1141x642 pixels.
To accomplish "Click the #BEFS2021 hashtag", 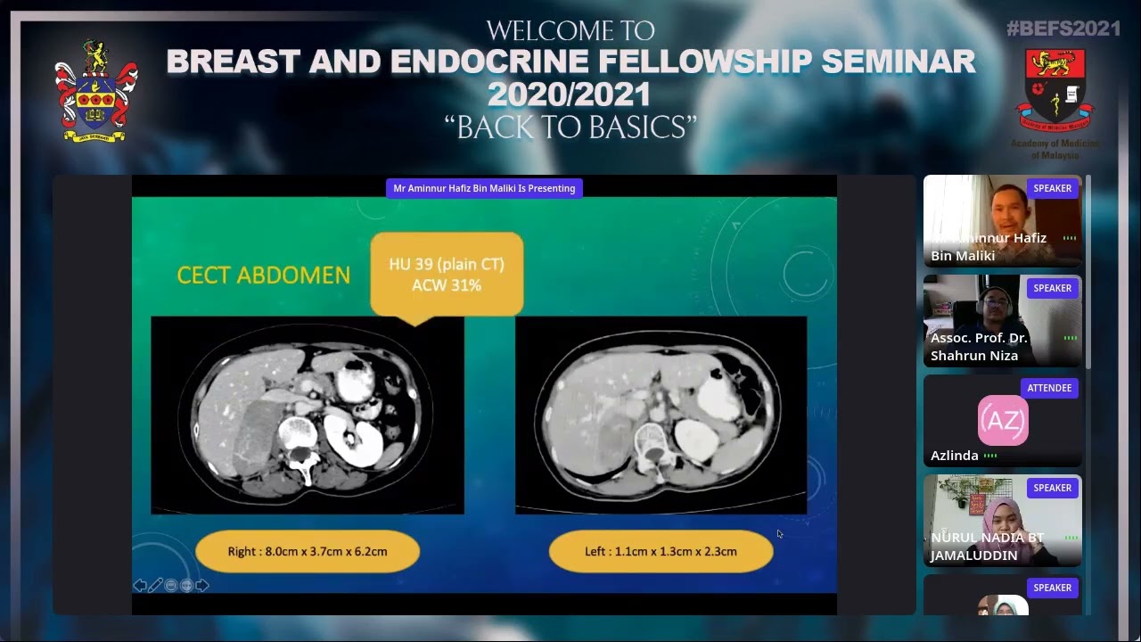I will pos(1063,29).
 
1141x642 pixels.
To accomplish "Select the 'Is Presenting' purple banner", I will pos(484,188).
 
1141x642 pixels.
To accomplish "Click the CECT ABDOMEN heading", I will pos(263,276).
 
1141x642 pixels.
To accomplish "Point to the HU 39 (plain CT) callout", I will pos(446,274).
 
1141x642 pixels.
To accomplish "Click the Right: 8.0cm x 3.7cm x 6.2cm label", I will pos(308,551).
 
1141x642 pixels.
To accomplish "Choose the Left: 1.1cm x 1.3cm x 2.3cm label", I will pos(661,551).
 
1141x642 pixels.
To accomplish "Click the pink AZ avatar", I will pos(1003,420).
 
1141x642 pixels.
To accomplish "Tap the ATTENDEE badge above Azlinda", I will pos(1049,388).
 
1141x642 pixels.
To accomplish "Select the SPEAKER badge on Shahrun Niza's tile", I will pos(1052,288).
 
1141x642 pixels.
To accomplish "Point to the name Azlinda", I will pos(955,455).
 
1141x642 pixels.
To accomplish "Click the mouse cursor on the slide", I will pos(779,533).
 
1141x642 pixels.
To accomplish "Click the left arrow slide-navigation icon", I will pos(140,585).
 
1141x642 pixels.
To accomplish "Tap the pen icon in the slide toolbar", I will pos(156,585).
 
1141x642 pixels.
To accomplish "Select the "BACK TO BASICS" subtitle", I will pos(570,128).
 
